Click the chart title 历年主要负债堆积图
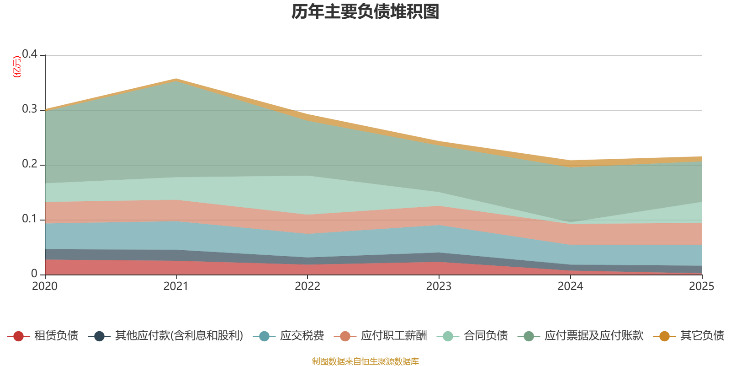click(365, 12)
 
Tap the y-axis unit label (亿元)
click(17, 67)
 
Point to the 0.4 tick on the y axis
click(30, 54)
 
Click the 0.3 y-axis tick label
click(30, 109)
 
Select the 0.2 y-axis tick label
click(30, 164)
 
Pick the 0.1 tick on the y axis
click(30, 219)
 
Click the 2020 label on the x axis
click(45, 286)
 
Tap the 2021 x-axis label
click(176, 286)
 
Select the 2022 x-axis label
click(307, 286)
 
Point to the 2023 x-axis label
click(439, 286)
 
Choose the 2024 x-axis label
click(570, 286)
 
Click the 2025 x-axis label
click(701, 286)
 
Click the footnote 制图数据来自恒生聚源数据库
click(365, 361)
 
